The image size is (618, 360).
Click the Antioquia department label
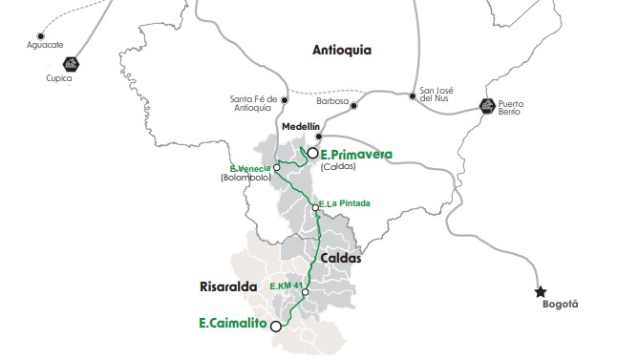click(x=341, y=50)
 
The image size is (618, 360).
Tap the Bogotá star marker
click(x=542, y=291)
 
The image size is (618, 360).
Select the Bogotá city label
click(x=560, y=305)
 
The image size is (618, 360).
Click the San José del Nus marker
click(x=413, y=95)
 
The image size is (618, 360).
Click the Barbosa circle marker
click(x=353, y=105)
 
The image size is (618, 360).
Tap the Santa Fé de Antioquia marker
click(x=285, y=97)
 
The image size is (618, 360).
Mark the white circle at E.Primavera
click(x=311, y=152)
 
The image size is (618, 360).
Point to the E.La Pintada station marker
click(x=315, y=208)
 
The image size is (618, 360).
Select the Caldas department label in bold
click(x=341, y=257)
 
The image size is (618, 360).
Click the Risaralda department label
click(x=207, y=284)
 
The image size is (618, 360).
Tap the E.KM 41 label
click(x=287, y=286)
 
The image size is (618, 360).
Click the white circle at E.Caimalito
click(x=276, y=326)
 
